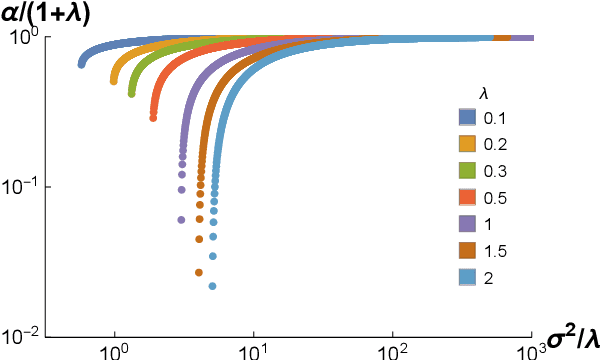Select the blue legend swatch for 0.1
pos(467,118)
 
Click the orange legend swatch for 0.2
pos(467,144)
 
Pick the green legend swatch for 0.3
pos(467,170)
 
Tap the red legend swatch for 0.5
pos(467,197)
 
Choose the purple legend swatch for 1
pos(467,223)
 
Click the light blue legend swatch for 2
pos(467,276)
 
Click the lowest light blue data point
pos(213,286)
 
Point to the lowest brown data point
pos(199,272)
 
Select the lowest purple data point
pos(181,220)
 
